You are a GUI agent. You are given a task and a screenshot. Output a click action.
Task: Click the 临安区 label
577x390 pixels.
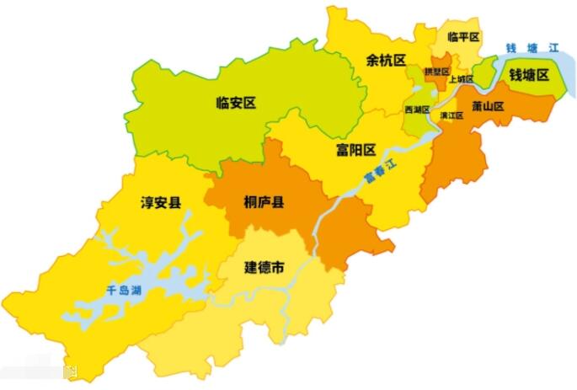[x=235, y=104]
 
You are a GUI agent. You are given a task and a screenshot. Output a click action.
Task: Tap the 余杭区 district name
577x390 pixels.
[x=386, y=61]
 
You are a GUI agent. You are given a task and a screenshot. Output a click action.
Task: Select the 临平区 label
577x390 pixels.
[x=463, y=37]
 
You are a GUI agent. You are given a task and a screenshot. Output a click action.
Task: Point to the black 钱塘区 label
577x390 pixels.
[x=528, y=75]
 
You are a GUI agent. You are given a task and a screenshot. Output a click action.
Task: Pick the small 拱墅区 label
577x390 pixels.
[x=436, y=72]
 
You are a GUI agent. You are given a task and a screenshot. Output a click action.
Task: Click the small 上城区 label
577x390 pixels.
[x=461, y=79]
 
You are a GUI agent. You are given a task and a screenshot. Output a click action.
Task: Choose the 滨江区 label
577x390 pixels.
[x=451, y=115]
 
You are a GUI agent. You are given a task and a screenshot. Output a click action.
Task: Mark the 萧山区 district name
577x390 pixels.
[x=488, y=107]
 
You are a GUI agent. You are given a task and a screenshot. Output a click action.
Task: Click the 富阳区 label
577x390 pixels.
[x=355, y=150]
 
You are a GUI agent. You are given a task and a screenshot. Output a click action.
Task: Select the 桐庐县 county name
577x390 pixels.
[x=263, y=202]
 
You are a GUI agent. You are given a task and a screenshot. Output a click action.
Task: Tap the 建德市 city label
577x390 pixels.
[x=264, y=267]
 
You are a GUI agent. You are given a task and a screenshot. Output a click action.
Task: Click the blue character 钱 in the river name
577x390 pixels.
[x=510, y=46]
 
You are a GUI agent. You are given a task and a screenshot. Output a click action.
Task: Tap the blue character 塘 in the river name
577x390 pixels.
[x=532, y=47]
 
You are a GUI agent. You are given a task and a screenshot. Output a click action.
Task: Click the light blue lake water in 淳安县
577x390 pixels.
[x=168, y=282]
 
